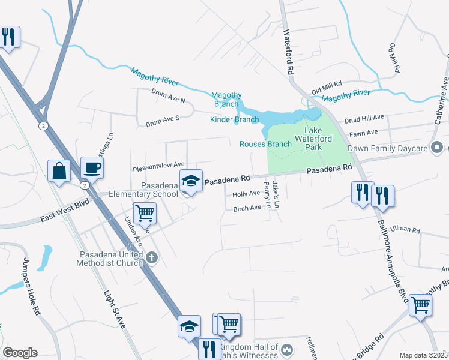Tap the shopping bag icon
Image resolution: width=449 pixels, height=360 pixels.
(x=60, y=171)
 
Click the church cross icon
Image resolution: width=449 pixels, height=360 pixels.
(x=152, y=258)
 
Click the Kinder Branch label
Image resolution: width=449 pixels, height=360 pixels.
(x=234, y=119)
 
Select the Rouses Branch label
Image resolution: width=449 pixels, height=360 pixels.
(x=265, y=144)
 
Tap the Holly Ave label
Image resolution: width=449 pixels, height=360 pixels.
(x=246, y=194)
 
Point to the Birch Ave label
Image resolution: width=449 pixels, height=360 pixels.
(x=247, y=208)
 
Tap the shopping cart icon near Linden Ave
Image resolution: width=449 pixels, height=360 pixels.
(x=145, y=213)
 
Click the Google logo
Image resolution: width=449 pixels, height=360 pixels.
(x=20, y=353)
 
